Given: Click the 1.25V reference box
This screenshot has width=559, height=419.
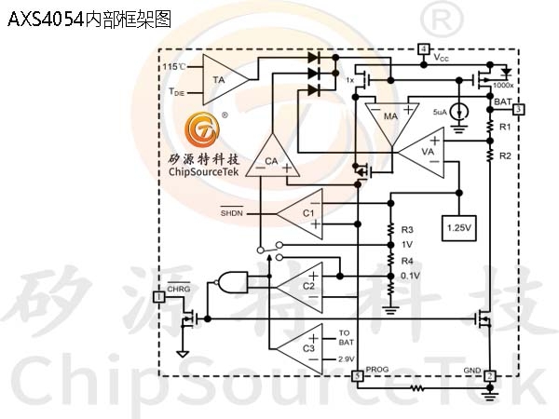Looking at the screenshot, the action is pos(459,228).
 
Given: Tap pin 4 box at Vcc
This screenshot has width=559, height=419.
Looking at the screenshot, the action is pos(424,49).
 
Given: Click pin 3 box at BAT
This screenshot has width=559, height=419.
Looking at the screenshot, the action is pos(519,109).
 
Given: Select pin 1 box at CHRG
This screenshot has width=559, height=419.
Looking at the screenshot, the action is pos(159,296).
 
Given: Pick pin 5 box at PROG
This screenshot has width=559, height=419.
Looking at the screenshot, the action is pos(358,376).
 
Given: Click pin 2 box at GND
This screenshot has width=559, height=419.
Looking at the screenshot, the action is pos(490,376).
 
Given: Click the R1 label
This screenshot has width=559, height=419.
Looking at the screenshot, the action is pos(505,127).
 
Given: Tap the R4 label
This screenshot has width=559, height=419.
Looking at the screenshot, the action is pos(407,261).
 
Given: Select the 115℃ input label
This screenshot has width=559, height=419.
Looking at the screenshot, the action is pos(174,67).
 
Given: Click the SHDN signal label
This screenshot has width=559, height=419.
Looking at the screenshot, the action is pos(232,213).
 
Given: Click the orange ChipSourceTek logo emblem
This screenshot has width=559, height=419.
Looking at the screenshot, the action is pos(202,129).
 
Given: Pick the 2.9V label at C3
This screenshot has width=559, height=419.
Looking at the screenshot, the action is pos(346,359).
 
